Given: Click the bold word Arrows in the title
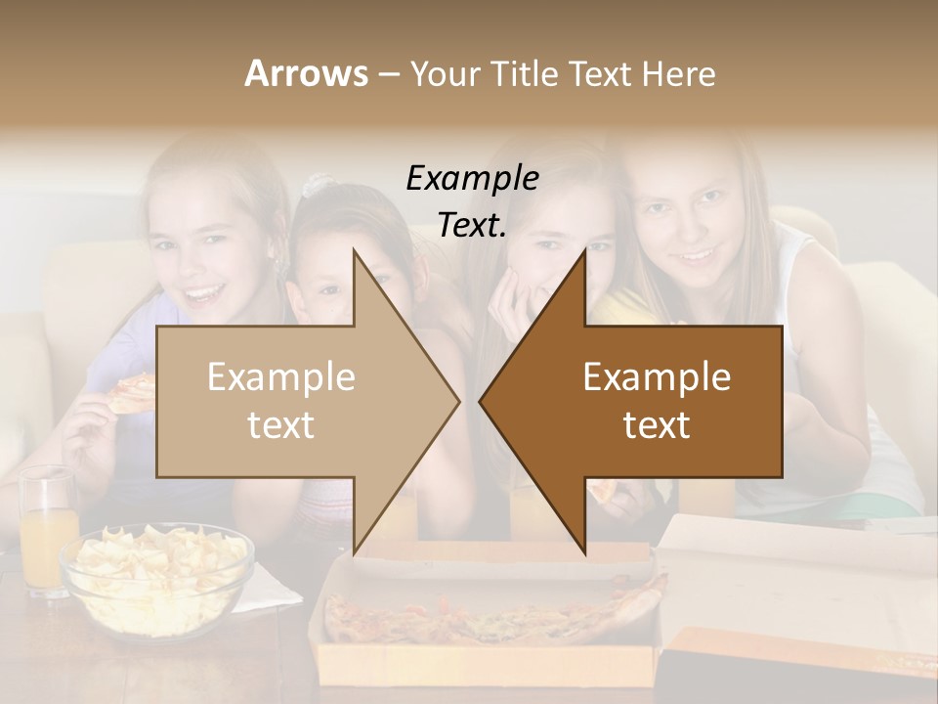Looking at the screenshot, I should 306,73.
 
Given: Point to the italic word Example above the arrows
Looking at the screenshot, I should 472,178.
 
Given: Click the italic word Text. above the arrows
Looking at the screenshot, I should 472,226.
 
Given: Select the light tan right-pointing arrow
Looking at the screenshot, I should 293,401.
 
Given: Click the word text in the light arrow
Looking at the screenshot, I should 280,425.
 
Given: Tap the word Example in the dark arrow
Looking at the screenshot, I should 657,377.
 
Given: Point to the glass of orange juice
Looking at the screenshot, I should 47,533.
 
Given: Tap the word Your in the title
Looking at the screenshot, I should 438,73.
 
